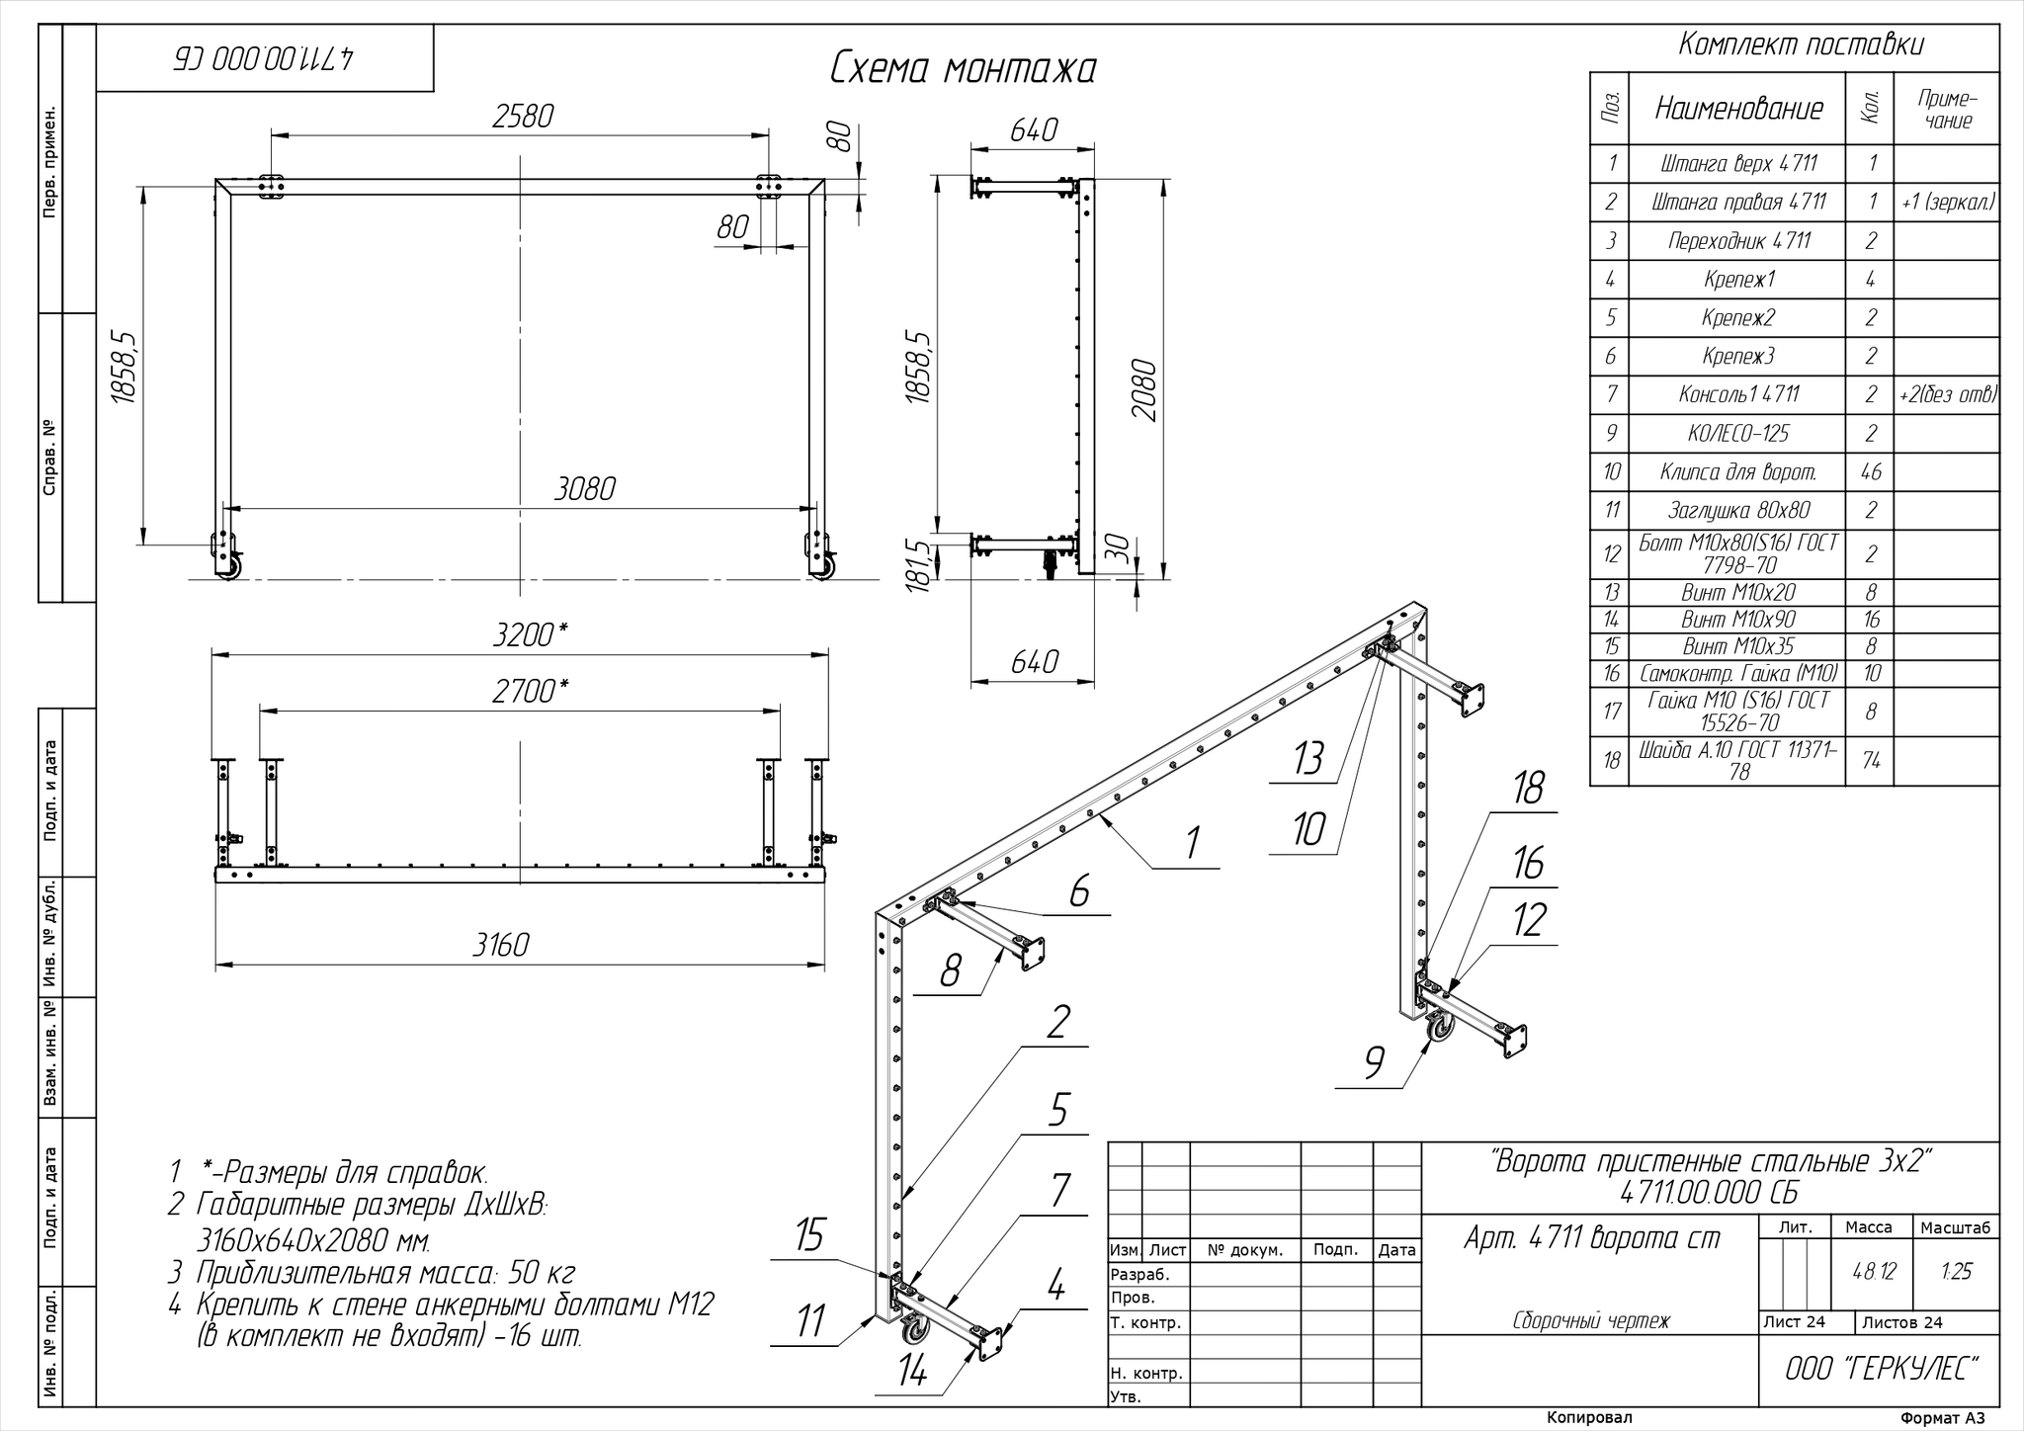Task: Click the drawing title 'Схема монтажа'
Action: [x=963, y=69]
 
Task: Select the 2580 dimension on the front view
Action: [x=523, y=116]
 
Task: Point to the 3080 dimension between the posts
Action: [x=585, y=488]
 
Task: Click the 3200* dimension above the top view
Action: [x=530, y=634]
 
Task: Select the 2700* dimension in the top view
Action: [x=530, y=691]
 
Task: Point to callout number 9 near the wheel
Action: [x=1374, y=1063]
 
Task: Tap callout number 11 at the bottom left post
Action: [x=810, y=1320]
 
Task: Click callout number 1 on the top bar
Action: [x=1192, y=843]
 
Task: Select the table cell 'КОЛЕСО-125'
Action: [x=1737, y=433]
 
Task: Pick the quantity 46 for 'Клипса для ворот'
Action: [x=1870, y=471]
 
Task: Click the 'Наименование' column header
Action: [x=1738, y=108]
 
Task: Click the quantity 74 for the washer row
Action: [x=1870, y=759]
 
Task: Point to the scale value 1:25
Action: [x=1957, y=1271]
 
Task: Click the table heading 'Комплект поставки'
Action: [x=1801, y=44]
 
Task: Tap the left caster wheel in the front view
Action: [x=229, y=567]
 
